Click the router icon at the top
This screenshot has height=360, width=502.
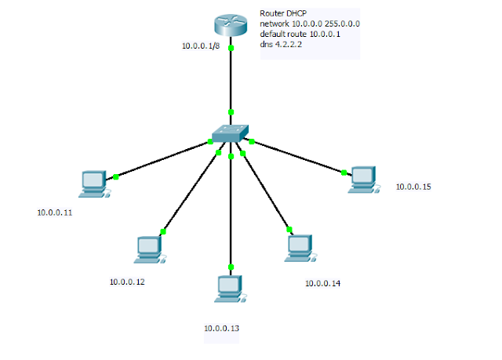(231, 25)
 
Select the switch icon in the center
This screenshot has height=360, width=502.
(231, 133)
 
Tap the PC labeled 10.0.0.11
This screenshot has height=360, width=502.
(93, 182)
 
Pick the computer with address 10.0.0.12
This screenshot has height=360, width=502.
(148, 249)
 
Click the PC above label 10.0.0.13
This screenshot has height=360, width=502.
(229, 288)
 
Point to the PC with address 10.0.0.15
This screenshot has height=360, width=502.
(362, 180)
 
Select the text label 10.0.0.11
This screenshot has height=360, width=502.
(55, 213)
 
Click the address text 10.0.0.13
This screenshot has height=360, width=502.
(222, 328)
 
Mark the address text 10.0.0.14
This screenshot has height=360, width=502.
(322, 282)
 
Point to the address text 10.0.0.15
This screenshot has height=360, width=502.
(413, 187)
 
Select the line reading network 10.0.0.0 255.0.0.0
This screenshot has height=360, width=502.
(310, 24)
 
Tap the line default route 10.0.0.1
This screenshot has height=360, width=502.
(297, 35)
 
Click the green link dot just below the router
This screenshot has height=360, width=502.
(231, 49)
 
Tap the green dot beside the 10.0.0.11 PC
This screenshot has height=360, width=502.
(115, 176)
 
